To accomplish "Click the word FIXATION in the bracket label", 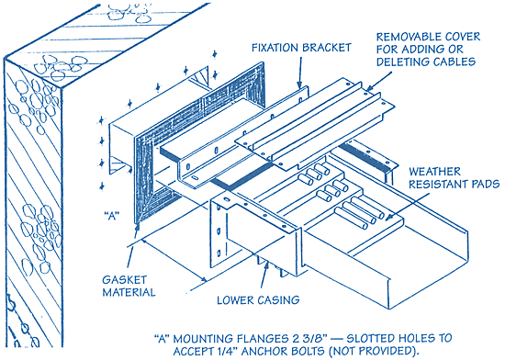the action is (275, 48).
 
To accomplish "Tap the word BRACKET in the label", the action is (326, 48).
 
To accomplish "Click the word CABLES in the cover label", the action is (454, 62).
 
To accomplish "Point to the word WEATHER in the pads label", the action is (435, 172).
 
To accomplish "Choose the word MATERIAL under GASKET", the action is (129, 292).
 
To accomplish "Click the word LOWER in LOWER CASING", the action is (233, 300).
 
